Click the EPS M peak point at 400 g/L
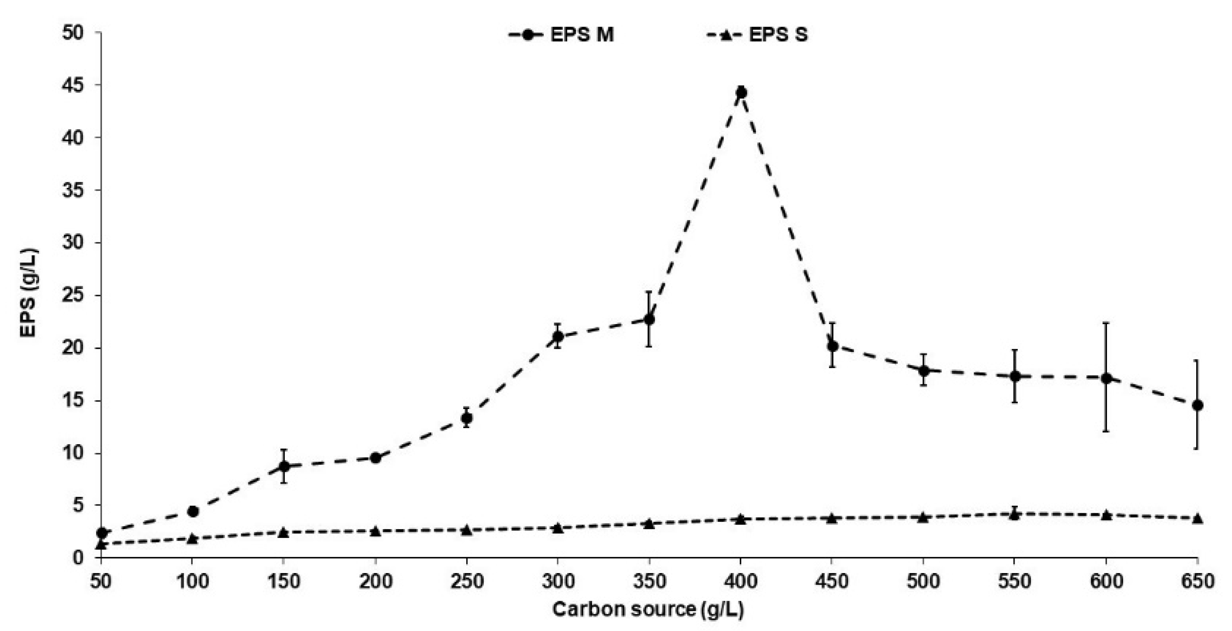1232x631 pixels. click(x=741, y=92)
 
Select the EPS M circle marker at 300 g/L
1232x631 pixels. click(x=558, y=336)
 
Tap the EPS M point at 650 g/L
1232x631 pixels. click(x=1198, y=405)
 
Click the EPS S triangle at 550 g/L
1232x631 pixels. click(x=1014, y=514)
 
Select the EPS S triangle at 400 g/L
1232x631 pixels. click(x=741, y=519)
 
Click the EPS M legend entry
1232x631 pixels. click(x=561, y=35)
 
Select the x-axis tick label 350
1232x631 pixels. click(x=649, y=582)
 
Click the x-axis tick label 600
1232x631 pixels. click(x=1106, y=582)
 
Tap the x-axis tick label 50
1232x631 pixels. click(x=101, y=582)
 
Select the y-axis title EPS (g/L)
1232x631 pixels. click(x=29, y=293)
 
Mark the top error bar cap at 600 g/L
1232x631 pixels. click(x=1106, y=323)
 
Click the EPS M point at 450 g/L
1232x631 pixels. click(x=832, y=345)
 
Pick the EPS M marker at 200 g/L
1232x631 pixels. click(x=375, y=458)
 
